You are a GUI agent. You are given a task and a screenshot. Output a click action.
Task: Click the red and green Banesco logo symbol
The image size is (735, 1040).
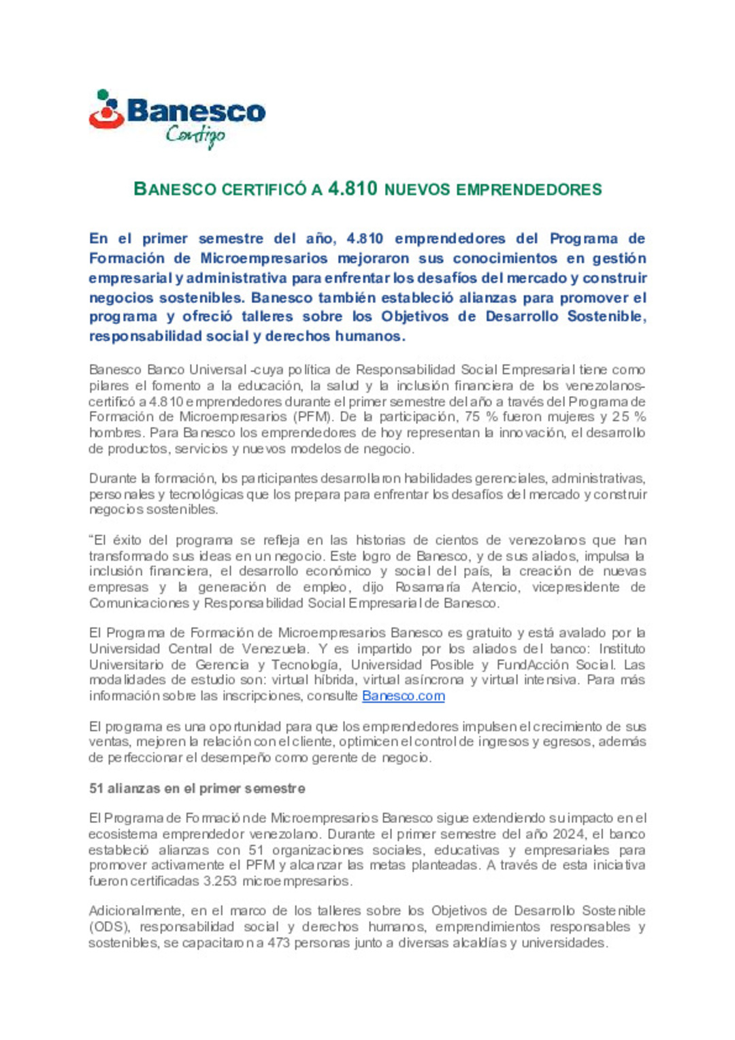click(106, 110)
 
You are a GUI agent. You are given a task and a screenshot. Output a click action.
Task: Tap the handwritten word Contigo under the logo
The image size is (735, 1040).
click(195, 135)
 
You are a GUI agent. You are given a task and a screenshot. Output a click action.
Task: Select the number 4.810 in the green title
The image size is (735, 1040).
click(353, 189)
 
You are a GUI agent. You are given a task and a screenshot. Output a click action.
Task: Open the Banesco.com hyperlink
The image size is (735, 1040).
click(403, 696)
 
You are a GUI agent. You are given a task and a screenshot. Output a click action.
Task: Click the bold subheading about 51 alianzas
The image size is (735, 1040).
click(197, 788)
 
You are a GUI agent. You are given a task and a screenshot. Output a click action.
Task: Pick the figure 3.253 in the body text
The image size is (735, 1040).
click(220, 881)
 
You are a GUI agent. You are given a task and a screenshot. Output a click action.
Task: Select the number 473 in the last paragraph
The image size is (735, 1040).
click(278, 943)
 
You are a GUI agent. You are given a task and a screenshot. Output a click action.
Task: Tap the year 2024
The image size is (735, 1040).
click(568, 834)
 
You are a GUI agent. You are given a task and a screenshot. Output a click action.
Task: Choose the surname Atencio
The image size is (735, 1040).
click(495, 587)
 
